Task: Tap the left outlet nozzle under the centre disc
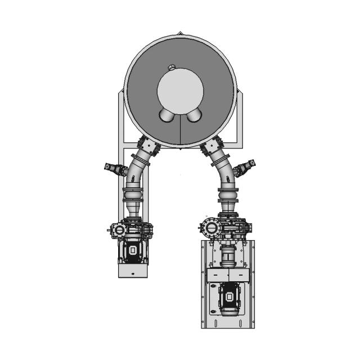click(x=168, y=115)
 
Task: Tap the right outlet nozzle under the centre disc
click(x=193, y=115)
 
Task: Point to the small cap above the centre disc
click(x=172, y=67)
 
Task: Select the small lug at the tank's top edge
click(x=179, y=33)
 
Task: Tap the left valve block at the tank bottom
click(x=148, y=147)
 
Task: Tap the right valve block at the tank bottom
click(x=211, y=147)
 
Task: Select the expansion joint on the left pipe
click(x=133, y=197)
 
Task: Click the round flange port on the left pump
click(x=119, y=229)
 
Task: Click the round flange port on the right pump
click(x=211, y=229)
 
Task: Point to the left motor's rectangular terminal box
click(x=133, y=251)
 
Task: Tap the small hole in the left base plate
click(x=133, y=273)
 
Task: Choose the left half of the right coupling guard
click(x=217, y=274)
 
